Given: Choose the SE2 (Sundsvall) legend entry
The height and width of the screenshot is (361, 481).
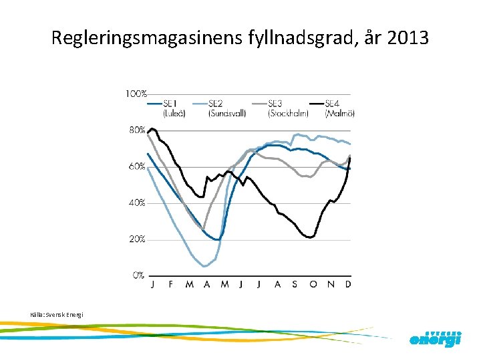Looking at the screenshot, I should tap(226, 108).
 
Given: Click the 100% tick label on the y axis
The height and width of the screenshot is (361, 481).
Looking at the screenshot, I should tap(136, 94).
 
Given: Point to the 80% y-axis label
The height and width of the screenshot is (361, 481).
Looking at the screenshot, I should tap(137, 130).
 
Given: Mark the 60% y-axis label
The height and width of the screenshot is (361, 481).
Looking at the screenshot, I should tap(137, 166).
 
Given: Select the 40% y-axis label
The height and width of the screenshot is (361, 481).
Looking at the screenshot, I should tap(137, 203).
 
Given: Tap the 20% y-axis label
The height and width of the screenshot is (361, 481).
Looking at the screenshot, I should tap(137, 239).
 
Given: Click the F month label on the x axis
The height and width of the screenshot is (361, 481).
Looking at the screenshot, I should tap(171, 284).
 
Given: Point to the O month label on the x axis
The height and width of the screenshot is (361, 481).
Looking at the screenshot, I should tap(313, 284).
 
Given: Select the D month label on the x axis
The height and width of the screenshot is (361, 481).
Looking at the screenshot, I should tap(348, 284).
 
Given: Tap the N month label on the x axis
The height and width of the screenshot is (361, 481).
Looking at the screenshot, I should tap(331, 284).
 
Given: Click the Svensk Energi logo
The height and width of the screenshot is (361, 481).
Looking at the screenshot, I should tap(435, 338).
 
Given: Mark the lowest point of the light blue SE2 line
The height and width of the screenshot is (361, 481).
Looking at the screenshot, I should tap(204, 266).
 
